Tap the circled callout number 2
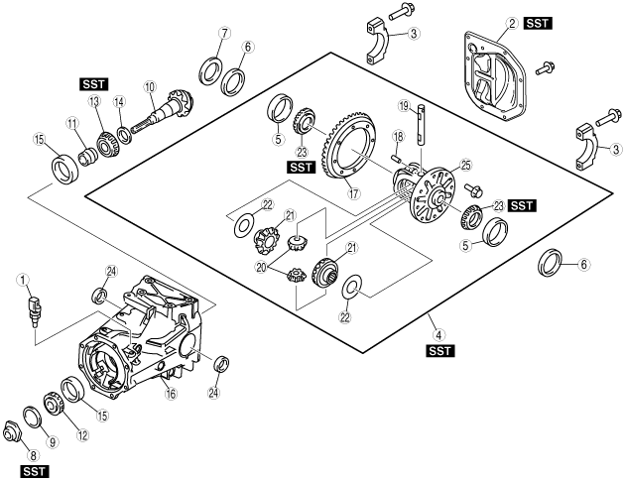click(x=512, y=23)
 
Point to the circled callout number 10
click(x=150, y=87)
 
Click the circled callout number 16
click(x=171, y=395)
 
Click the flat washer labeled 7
click(x=211, y=68)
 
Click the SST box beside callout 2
click(x=538, y=23)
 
